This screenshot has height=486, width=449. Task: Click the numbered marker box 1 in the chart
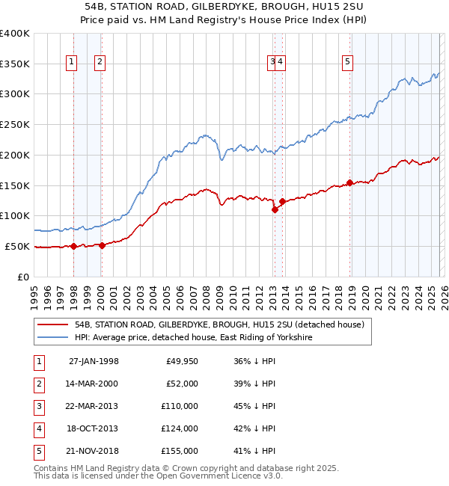[x=72, y=63]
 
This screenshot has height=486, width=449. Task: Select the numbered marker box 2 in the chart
[x=100, y=63]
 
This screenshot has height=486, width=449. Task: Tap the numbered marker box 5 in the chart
[x=348, y=63]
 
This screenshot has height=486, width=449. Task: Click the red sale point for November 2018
[x=349, y=182]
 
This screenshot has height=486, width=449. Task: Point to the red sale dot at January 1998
[x=74, y=247]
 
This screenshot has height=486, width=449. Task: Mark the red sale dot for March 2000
[x=103, y=245]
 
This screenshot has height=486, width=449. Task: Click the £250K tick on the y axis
[x=15, y=125]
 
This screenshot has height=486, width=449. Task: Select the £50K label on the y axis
[x=17, y=246]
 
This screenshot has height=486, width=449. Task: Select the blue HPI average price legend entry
[x=193, y=338]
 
